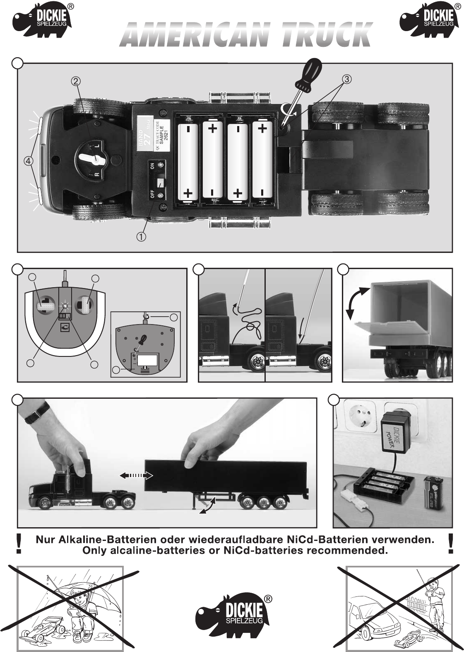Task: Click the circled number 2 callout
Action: click(75, 81)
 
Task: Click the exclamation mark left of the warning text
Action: click(18, 543)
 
